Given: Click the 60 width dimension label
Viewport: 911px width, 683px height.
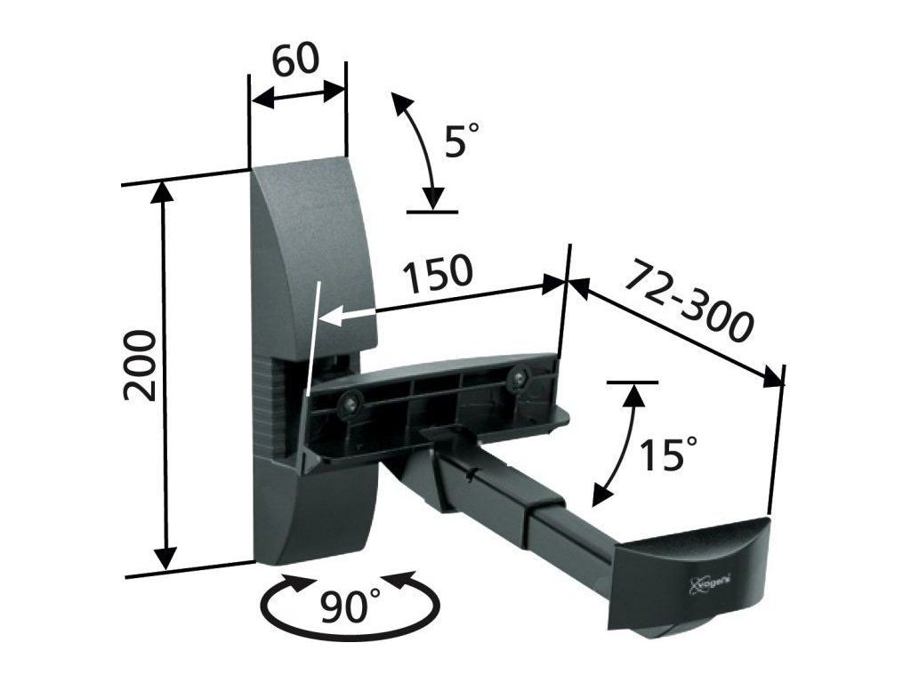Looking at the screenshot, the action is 296,60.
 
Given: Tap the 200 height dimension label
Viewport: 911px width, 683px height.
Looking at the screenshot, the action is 140,366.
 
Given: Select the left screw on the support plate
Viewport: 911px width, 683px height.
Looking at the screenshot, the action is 351,402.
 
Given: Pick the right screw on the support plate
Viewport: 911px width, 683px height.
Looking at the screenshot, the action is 517,378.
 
